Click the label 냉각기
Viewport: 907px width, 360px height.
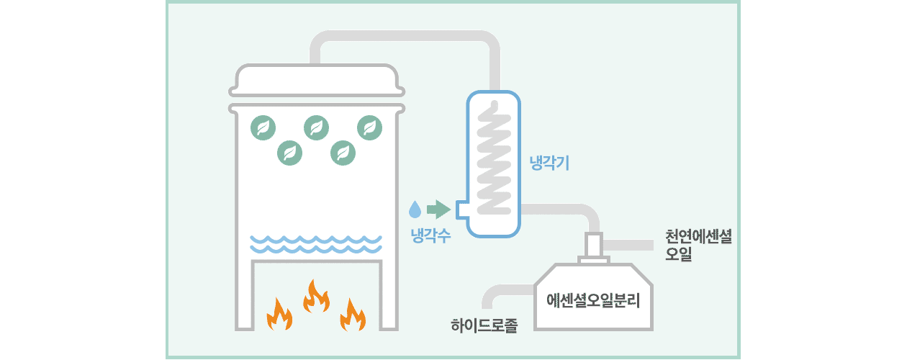[549, 163]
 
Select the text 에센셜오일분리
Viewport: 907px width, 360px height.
[593, 299]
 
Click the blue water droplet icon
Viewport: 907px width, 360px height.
[415, 210]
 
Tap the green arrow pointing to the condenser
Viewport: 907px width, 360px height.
[438, 210]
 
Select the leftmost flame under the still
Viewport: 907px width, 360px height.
[279, 314]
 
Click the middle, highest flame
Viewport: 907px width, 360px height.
[316, 295]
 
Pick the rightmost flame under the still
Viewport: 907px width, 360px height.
[353, 314]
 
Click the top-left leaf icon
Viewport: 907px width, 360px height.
[263, 128]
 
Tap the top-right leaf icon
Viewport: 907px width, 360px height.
[370, 128]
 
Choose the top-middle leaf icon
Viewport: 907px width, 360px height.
[317, 128]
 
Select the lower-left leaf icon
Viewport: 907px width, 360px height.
[290, 152]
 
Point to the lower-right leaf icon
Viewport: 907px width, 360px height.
[343, 152]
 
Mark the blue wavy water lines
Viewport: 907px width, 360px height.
[316, 243]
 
